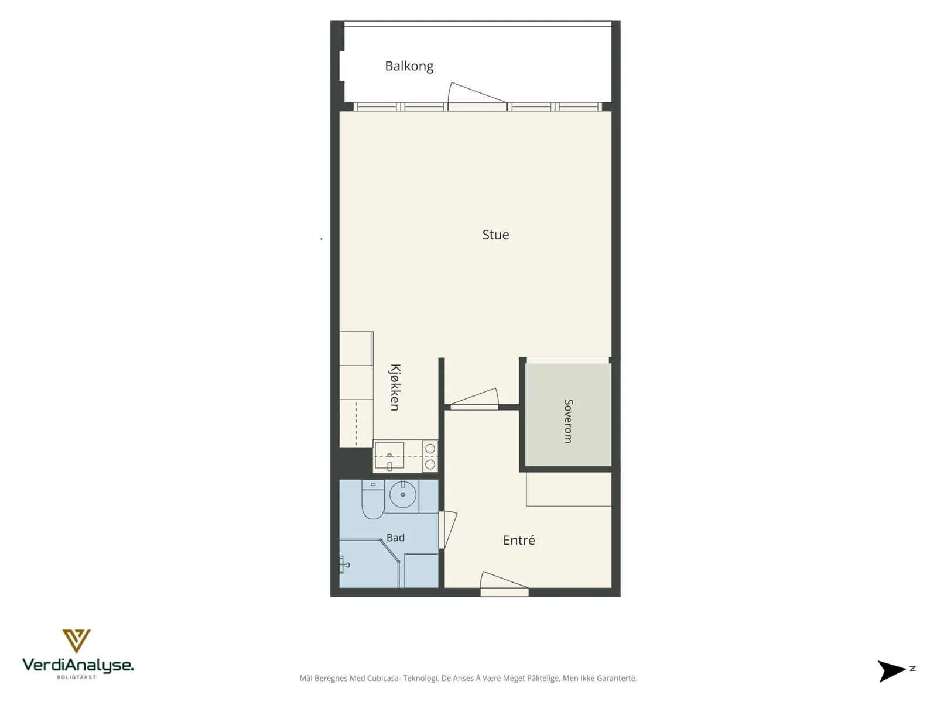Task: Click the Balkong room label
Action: coord(409,66)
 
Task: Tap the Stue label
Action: coord(495,235)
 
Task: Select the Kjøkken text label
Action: coord(395,387)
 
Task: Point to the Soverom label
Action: coord(568,421)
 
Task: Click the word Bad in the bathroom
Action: coord(395,538)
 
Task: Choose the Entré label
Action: coord(519,540)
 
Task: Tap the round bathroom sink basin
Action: coord(402,494)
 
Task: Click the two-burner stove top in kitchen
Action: coord(430,456)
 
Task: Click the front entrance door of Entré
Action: coord(504,583)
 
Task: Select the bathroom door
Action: coord(448,529)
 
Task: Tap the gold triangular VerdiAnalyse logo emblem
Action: coord(76,641)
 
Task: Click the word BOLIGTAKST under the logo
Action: coord(76,677)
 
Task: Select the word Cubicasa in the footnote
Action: coord(384,678)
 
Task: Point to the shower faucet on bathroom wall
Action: coord(344,565)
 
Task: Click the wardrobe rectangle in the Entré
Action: coord(569,489)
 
